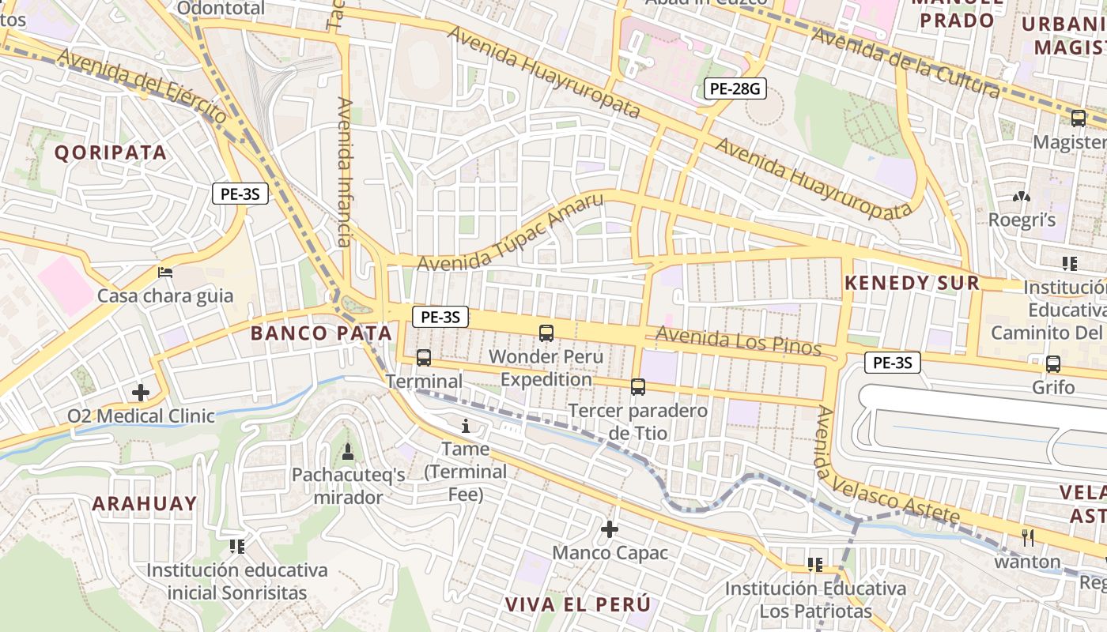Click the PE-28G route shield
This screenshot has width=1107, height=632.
[735, 88]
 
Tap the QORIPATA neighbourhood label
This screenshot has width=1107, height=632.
[111, 152]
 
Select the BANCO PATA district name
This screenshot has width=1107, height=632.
[321, 333]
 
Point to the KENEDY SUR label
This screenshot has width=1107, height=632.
[912, 283]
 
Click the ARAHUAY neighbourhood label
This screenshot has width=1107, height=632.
[144, 504]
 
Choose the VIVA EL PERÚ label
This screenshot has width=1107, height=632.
[578, 604]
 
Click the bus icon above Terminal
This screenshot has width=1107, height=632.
[424, 358]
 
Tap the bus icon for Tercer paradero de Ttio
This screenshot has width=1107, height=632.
[638, 387]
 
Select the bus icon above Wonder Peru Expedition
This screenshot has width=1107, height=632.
[546, 333]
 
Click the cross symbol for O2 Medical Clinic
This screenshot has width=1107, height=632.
[141, 392]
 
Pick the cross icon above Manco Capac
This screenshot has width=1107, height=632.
[610, 529]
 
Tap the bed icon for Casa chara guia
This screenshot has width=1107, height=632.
[165, 273]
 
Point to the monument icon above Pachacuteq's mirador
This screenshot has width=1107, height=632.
[347, 452]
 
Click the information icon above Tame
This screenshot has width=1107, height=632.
[466, 427]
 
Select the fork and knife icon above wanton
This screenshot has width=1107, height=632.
[1028, 538]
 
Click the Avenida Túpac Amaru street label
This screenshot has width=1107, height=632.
[510, 232]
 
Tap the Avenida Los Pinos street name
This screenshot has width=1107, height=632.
[739, 341]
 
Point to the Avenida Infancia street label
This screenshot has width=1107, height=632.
[345, 171]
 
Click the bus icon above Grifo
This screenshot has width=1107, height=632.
[1053, 364]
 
